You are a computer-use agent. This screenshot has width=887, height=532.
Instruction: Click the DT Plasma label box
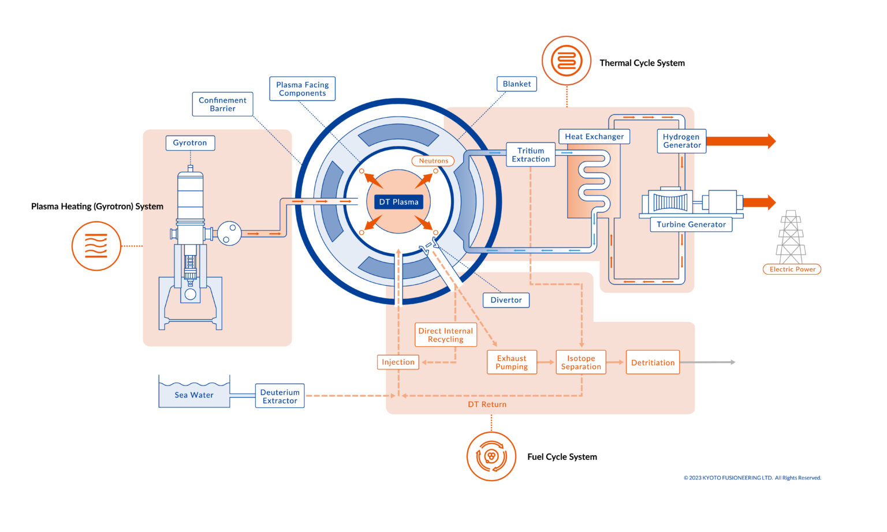(398, 202)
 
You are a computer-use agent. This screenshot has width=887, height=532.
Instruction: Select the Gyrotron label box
(190, 143)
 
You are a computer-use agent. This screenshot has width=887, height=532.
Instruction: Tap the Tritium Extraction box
(530, 155)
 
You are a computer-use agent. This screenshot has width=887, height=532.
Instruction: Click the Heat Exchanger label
(594, 137)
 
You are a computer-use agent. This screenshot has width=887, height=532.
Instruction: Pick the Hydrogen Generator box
(681, 141)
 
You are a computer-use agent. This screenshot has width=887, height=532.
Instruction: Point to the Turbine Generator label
(691, 224)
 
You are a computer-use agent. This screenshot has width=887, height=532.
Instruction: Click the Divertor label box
(506, 300)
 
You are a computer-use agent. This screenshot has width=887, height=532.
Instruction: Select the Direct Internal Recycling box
(446, 335)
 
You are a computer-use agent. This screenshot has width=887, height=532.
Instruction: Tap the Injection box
(398, 362)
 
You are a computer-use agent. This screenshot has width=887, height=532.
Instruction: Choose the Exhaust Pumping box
(512, 362)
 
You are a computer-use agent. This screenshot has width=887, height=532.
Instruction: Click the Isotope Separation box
(581, 362)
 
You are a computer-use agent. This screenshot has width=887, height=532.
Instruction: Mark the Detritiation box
(653, 362)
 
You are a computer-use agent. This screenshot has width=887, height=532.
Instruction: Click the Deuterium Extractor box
(279, 396)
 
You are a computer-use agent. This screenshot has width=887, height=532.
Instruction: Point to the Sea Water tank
(194, 395)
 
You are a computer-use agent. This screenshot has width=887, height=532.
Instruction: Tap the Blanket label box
(517, 84)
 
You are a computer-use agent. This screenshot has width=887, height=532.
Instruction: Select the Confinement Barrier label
(222, 104)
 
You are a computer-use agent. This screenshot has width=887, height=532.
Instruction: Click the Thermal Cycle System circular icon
(567, 61)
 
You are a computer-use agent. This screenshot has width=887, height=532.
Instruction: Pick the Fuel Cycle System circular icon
(491, 456)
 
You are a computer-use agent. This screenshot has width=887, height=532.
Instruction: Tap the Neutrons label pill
(433, 161)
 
